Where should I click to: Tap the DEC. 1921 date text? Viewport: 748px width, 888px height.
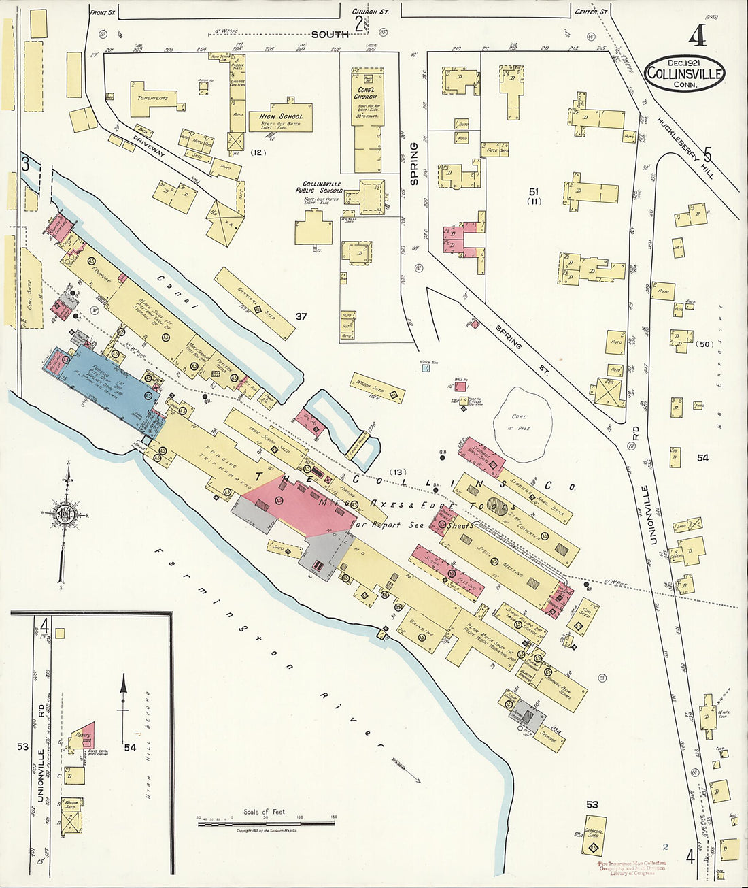pos(683,62)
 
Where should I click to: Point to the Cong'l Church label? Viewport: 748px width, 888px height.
pos(365,93)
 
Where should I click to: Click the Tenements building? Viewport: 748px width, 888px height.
pos(155,97)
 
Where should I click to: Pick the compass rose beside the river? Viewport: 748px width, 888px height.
pos(65,514)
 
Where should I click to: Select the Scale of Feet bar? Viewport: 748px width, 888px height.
pos(265,823)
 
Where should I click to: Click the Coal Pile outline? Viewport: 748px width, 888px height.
pos(522,423)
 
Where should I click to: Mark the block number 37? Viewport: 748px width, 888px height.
pos(301,316)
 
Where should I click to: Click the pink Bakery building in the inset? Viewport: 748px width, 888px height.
pos(84,736)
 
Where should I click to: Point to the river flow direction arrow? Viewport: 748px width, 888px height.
pos(406,769)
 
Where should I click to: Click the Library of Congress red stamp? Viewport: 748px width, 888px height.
pos(632,868)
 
